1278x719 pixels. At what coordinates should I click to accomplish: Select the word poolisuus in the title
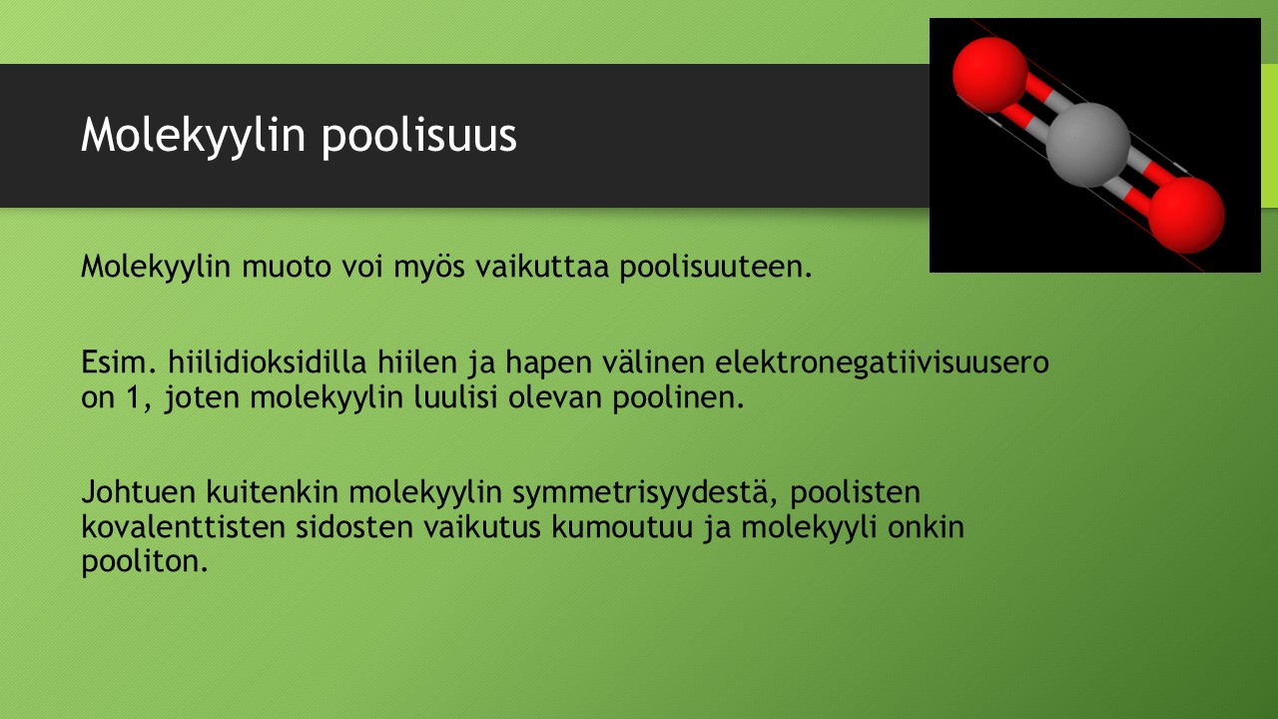tap(419, 137)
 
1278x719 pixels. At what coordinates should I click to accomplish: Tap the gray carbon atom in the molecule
tap(1088, 145)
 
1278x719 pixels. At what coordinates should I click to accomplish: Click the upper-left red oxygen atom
tap(989, 75)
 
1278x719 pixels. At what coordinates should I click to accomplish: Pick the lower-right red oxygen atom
tap(1186, 215)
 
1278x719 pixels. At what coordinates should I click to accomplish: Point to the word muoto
tap(287, 267)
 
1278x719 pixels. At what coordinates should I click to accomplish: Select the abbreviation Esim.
tap(119, 362)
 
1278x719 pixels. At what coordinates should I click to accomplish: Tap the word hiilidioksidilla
tap(267, 362)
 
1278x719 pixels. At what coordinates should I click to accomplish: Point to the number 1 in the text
tap(135, 397)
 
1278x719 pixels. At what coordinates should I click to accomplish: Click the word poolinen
tap(678, 398)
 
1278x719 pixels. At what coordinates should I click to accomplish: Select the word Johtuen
tap(138, 492)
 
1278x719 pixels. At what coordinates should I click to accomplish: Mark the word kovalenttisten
tap(183, 526)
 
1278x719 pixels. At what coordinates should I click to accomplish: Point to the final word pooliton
tap(145, 562)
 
